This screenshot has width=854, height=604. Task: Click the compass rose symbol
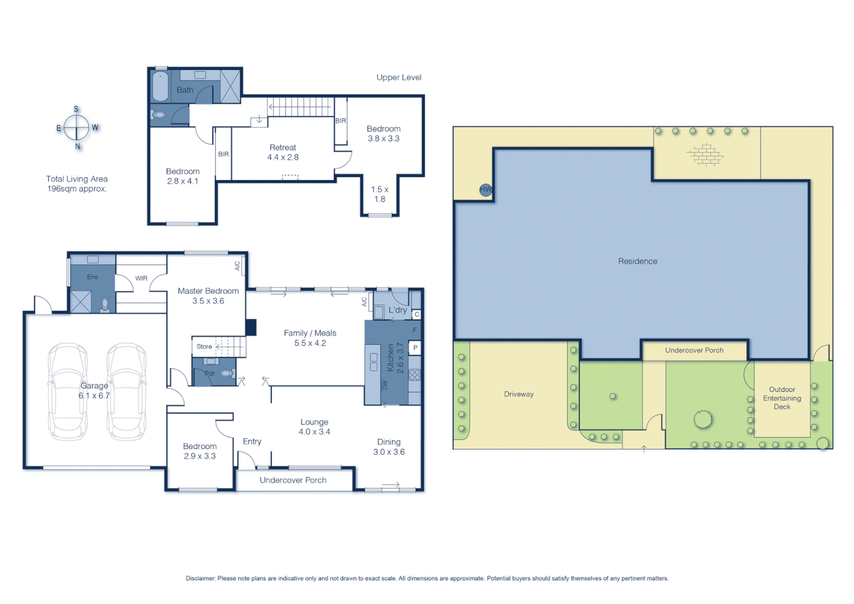(x=77, y=128)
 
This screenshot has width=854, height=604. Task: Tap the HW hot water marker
(x=486, y=190)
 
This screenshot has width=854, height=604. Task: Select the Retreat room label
(x=283, y=148)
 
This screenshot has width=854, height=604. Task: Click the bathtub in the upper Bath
(x=160, y=87)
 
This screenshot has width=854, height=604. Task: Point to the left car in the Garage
(x=67, y=391)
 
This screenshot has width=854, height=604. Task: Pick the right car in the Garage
(x=127, y=391)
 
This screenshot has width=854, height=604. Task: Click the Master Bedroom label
(x=208, y=291)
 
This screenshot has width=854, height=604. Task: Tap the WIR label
(x=141, y=278)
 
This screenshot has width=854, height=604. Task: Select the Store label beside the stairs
(x=204, y=347)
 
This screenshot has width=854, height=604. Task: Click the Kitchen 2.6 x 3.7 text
(x=395, y=358)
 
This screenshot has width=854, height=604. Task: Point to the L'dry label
(x=397, y=310)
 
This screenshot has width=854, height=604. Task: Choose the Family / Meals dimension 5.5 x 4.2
(x=310, y=343)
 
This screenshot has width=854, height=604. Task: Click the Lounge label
(x=314, y=422)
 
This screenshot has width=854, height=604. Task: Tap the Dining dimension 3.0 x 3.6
(x=389, y=452)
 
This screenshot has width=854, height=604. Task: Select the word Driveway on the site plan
(x=519, y=394)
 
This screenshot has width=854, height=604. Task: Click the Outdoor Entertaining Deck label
(x=782, y=398)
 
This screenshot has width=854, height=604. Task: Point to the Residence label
(x=638, y=261)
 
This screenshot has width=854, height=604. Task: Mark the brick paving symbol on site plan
(x=705, y=154)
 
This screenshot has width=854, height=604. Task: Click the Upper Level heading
(x=398, y=78)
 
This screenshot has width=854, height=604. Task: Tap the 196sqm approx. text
(x=77, y=189)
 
